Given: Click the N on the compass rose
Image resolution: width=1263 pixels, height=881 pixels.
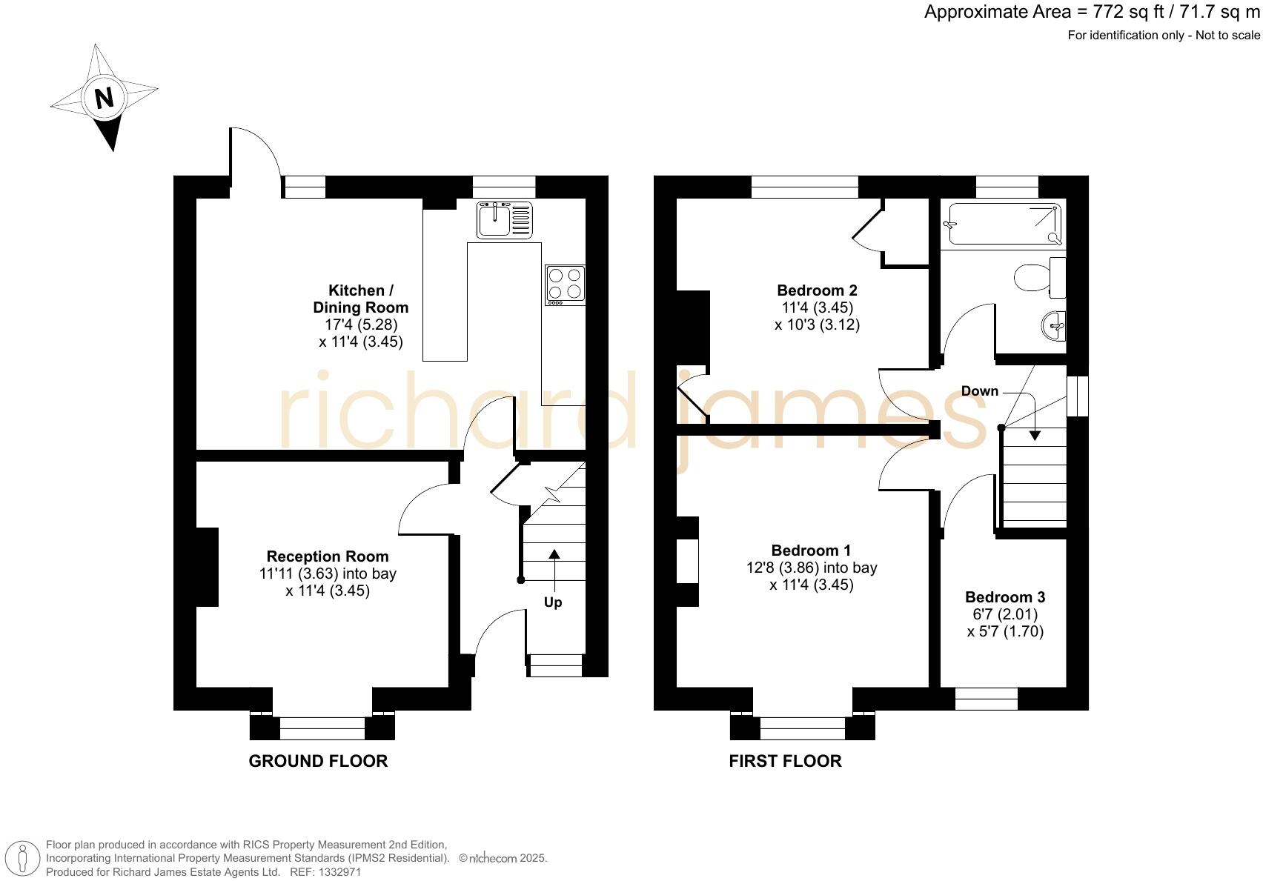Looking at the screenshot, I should coord(104,98).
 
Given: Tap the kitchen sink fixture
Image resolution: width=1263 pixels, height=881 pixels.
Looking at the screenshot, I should coord(504,219).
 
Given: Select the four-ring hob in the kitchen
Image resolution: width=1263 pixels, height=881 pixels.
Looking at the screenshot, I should coord(566,285).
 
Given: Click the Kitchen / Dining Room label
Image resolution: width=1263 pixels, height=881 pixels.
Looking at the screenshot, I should coord(360,299).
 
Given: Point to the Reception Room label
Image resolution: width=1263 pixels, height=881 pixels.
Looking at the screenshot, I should coord(328,556).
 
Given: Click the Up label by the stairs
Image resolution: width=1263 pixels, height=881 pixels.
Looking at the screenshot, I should coord(553,602).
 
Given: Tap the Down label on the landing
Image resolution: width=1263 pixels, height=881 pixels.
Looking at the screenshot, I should coord(979,391).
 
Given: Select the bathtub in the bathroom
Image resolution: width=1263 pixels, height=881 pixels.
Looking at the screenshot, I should coord(1004,223).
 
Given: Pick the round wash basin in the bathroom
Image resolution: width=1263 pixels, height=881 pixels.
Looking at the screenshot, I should coord(1055,325).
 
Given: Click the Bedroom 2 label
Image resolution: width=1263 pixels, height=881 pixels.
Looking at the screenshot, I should coord(817,290).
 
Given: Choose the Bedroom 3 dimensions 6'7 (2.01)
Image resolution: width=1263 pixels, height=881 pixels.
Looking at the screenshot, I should coord(1005,614).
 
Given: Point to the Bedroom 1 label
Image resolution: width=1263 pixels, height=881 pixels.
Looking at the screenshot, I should coord(811,551).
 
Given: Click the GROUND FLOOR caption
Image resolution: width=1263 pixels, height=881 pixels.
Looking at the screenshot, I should coord(318,761).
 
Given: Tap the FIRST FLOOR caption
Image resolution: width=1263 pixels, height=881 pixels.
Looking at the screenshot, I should coord(785,761).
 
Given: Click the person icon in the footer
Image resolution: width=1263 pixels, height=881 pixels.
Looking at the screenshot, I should coord(24,859).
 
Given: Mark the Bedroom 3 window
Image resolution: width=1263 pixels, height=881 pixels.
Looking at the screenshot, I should coord(986,699).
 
